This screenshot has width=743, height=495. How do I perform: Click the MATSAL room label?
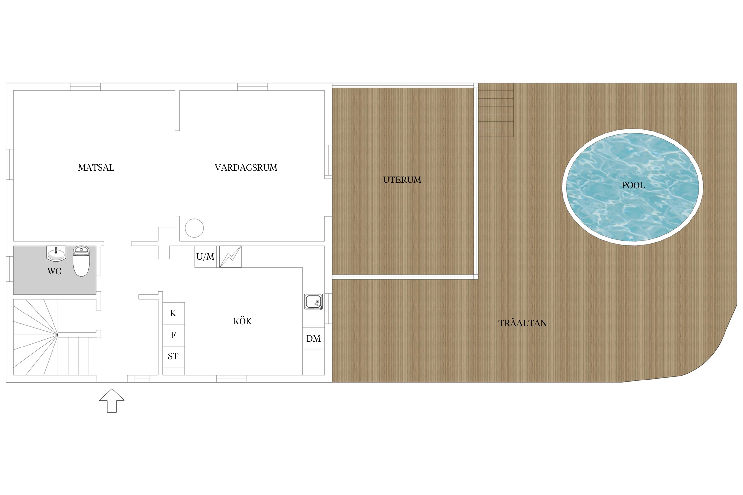pos(96,168)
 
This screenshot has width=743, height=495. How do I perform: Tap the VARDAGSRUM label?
pos(246,168)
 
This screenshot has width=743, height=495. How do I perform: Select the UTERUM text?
pos(402,180)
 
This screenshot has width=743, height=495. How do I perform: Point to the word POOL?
pos(633,185)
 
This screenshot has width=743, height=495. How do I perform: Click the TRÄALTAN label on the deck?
pos(522,323)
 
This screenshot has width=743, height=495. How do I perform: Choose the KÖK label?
pos(242,321)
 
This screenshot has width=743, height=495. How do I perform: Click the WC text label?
pos(54,271)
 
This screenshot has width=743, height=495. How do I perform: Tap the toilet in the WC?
pos(81,261)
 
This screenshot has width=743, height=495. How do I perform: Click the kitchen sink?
pos(313,302)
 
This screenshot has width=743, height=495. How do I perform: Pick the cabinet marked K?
pos(173,313)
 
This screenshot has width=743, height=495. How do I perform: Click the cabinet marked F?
pos(173,335)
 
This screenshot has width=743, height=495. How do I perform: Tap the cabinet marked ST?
pos(173,357)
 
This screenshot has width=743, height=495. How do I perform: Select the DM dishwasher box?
pos(313,338)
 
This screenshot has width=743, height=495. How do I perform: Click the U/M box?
pos(205,257)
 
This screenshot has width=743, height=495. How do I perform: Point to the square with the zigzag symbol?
pos(230,257)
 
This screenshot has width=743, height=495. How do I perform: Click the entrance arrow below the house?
pos(112,401)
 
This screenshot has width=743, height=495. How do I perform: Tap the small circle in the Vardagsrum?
pos(194,228)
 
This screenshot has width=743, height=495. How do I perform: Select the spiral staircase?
pos(51,337)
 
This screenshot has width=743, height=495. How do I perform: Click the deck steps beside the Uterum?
pos(496,110)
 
